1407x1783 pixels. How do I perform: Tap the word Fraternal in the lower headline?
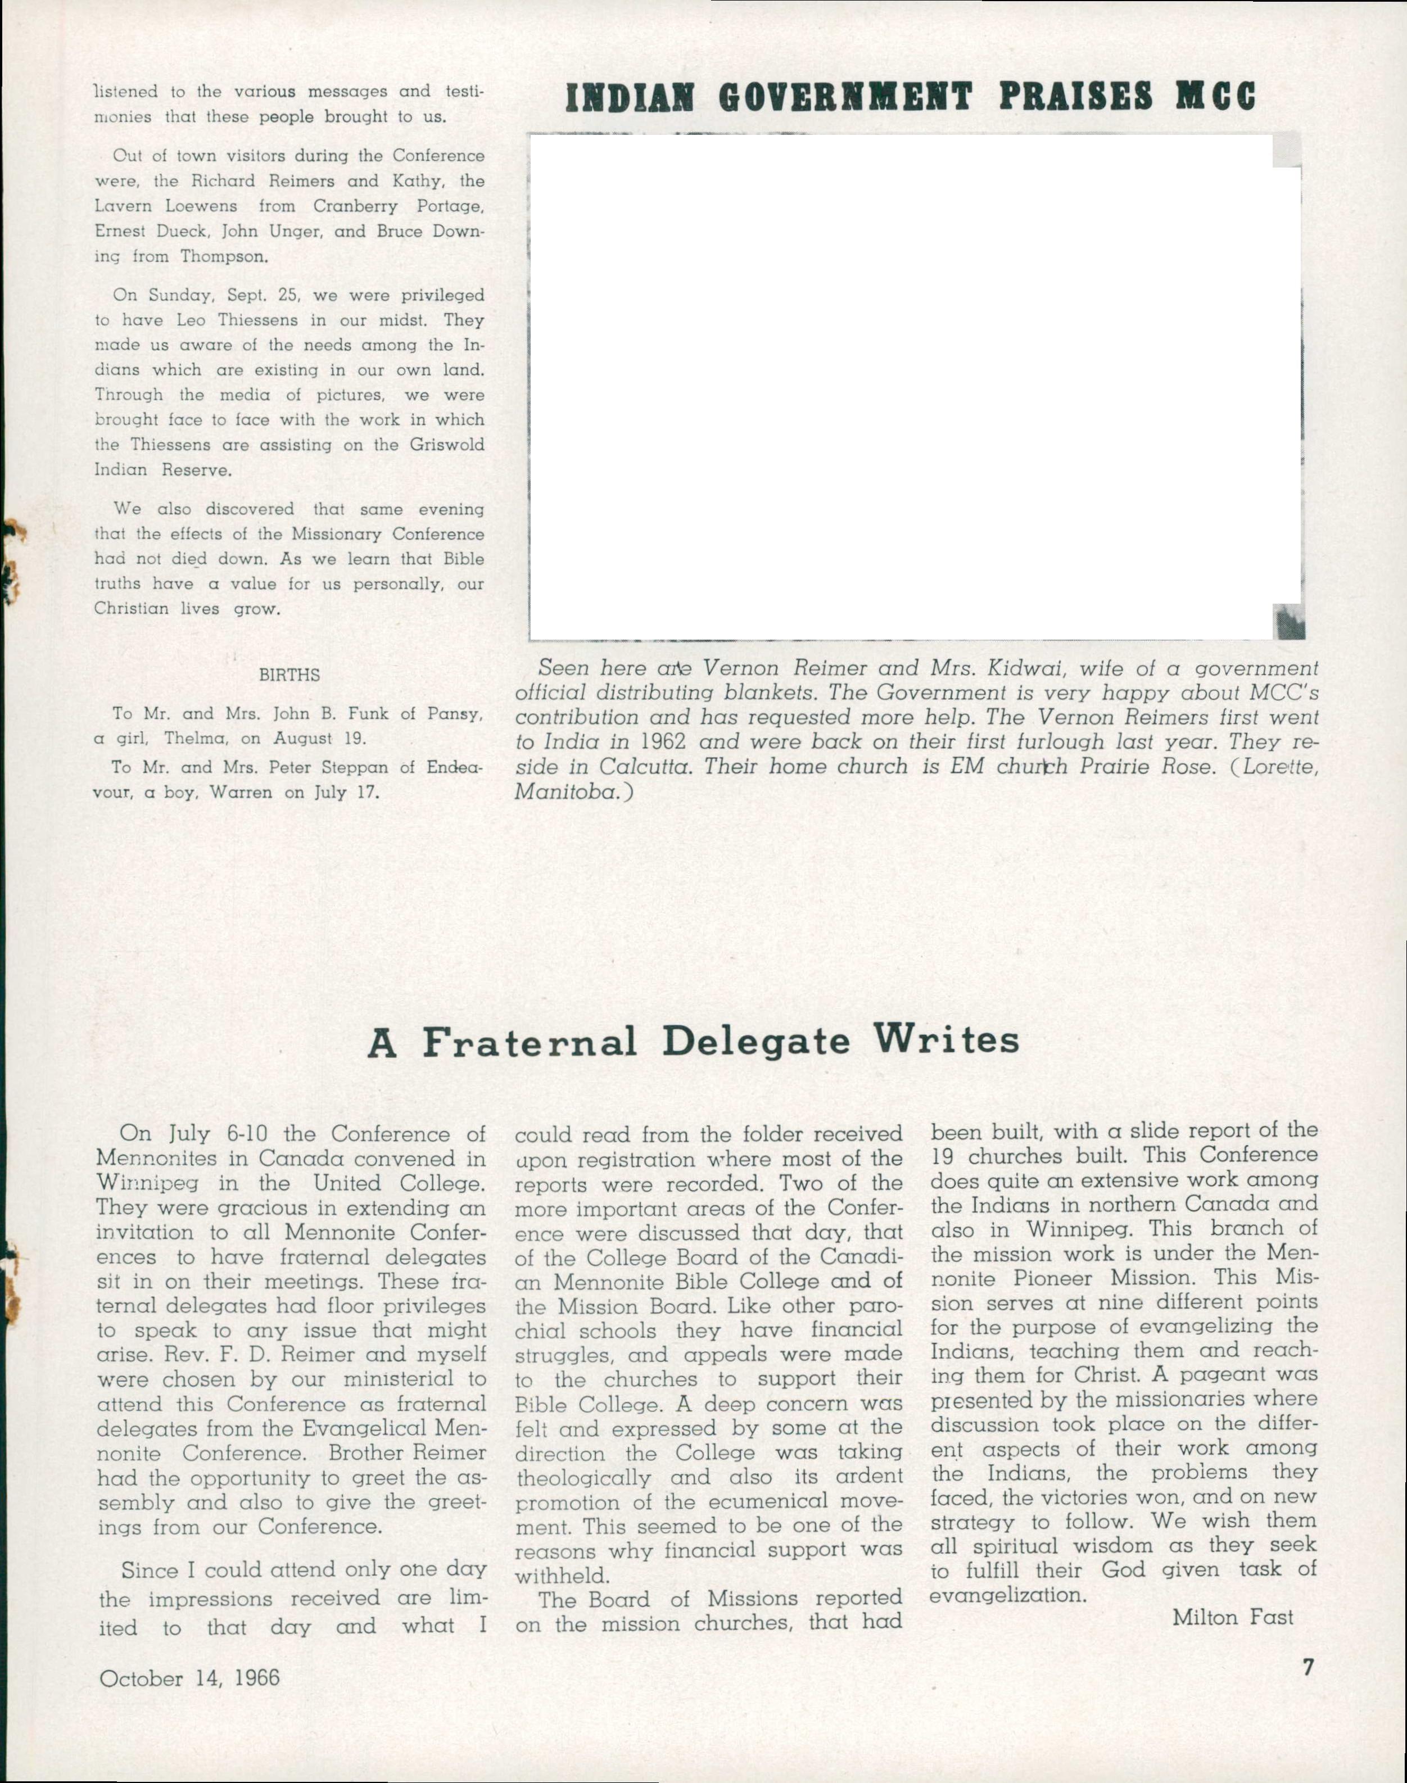point(530,1042)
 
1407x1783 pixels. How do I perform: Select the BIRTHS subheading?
point(289,675)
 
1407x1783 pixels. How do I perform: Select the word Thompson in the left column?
point(223,256)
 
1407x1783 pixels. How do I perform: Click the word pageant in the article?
point(1223,1374)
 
